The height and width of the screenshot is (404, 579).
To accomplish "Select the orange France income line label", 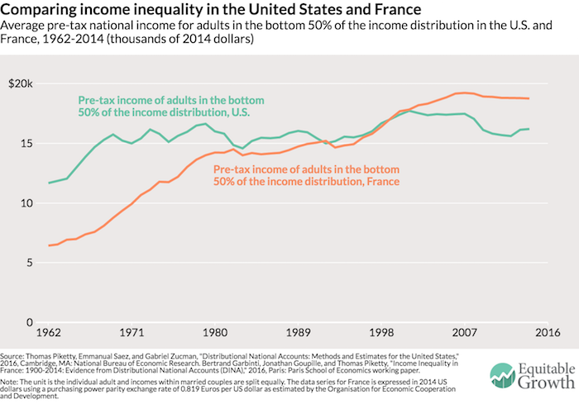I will pyautogui.click(x=307, y=175).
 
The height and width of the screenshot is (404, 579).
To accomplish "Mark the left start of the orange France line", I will pyautogui.click(x=50, y=245).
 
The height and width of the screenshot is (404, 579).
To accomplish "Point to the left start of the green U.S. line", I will pyautogui.click(x=50, y=183).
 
